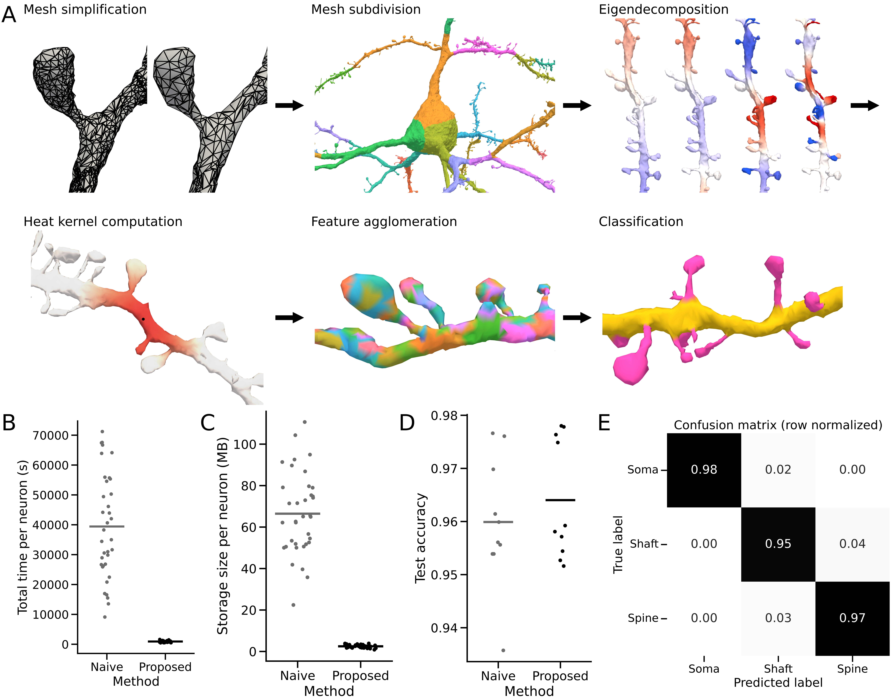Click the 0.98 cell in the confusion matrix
pyautogui.click(x=704, y=470)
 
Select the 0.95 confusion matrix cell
pyautogui.click(x=778, y=544)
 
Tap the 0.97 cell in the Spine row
pyautogui.click(x=852, y=618)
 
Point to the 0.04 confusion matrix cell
pyautogui.click(x=852, y=544)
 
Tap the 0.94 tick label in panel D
pyautogui.click(x=444, y=628)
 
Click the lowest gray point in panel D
pyautogui.click(x=503, y=650)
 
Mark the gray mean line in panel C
pyautogui.click(x=298, y=514)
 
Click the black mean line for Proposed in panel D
pyautogui.click(x=560, y=500)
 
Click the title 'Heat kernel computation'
pyautogui.click(x=103, y=222)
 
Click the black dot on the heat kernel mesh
pyautogui.click(x=143, y=319)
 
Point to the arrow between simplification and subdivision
pyautogui.click(x=289, y=106)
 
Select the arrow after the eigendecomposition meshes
pyautogui.click(x=865, y=106)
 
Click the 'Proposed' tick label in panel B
pyautogui.click(x=165, y=667)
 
